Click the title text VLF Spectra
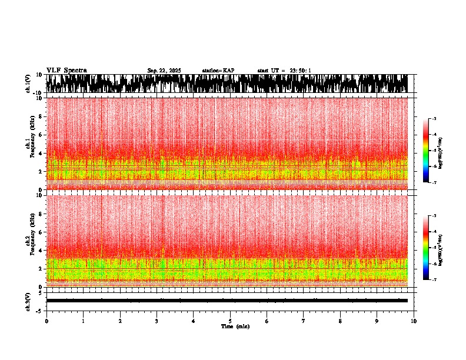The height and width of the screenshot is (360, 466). click(66, 71)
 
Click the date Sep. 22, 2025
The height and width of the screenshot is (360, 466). click(164, 71)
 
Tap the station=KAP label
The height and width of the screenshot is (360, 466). click(218, 71)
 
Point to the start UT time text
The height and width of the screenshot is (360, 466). click(284, 71)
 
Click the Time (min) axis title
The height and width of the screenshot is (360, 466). click(235, 326)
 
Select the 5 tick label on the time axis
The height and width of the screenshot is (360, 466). click(230, 321)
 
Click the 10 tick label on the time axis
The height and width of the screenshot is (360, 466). click(414, 321)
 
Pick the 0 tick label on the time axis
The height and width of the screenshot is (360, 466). click(46, 321)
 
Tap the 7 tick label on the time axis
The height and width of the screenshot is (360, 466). click(304, 321)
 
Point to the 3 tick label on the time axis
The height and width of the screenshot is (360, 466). click(157, 321)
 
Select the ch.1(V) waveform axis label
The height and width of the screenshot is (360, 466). click(28, 84)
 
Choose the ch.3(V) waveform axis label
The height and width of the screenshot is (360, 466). click(28, 300)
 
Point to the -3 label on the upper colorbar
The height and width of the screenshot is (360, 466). click(434, 119)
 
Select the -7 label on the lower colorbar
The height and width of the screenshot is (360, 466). click(434, 279)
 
